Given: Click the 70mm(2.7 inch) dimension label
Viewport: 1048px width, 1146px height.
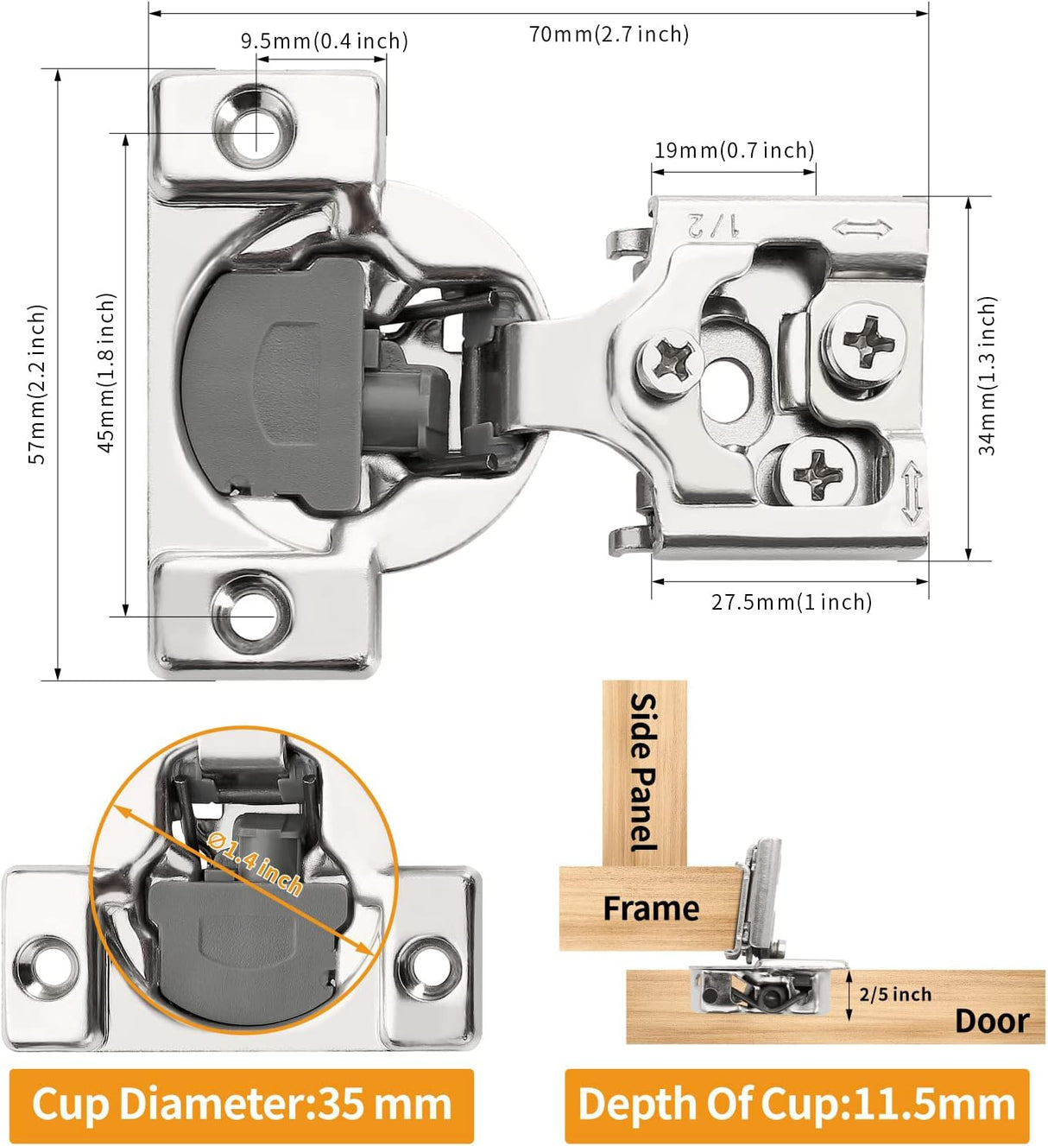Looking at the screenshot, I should coord(609,35).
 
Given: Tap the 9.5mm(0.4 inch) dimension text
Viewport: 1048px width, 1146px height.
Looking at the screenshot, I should coord(324,41).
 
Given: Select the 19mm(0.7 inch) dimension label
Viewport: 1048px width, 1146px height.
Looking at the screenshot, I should coord(734,150).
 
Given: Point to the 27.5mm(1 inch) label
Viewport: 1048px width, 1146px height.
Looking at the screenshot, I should coord(791,602).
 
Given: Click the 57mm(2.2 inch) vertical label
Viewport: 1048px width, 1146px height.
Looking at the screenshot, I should coord(37,383).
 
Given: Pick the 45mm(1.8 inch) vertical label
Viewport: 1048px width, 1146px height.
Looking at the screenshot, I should coord(105,372).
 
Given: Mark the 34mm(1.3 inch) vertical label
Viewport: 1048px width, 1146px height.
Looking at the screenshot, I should coord(987,376).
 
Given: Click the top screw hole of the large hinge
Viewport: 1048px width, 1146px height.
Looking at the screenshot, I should coord(256,134).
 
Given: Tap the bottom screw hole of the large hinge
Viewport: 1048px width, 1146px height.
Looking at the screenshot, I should coord(252,614).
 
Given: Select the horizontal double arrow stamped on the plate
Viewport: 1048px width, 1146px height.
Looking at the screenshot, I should coord(862,229).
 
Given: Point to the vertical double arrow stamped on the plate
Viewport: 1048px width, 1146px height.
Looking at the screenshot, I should coord(912,494).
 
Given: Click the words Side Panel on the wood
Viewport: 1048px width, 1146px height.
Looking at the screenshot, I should coord(644,771).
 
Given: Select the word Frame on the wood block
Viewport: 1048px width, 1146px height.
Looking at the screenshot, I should coord(651,909).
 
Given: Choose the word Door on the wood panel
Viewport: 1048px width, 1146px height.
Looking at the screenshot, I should coord(991,1021).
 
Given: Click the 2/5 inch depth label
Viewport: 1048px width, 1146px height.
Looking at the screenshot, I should coord(895,994).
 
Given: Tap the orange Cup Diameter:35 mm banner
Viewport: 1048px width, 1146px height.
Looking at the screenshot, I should coord(241,1105).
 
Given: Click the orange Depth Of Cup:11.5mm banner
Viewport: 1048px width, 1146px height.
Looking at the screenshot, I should coord(796,1105).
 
